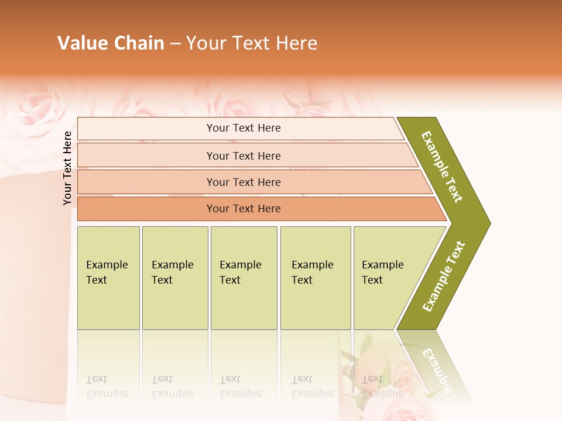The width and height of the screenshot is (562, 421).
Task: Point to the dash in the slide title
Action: [175, 44]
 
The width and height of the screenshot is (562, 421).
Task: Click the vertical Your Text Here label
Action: [67, 168]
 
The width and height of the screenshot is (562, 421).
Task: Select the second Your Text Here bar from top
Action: [243, 156]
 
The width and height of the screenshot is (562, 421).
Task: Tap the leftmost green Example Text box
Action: [108, 278]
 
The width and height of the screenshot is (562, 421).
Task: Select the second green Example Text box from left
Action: [175, 278]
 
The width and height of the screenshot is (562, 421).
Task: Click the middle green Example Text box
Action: [244, 278]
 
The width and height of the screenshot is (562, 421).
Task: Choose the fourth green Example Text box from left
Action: [316, 278]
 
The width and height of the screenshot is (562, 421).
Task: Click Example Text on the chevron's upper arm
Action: [442, 167]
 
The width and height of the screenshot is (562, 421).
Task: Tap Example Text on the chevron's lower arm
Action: [444, 277]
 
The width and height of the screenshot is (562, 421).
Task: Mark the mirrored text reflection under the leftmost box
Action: [107, 387]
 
